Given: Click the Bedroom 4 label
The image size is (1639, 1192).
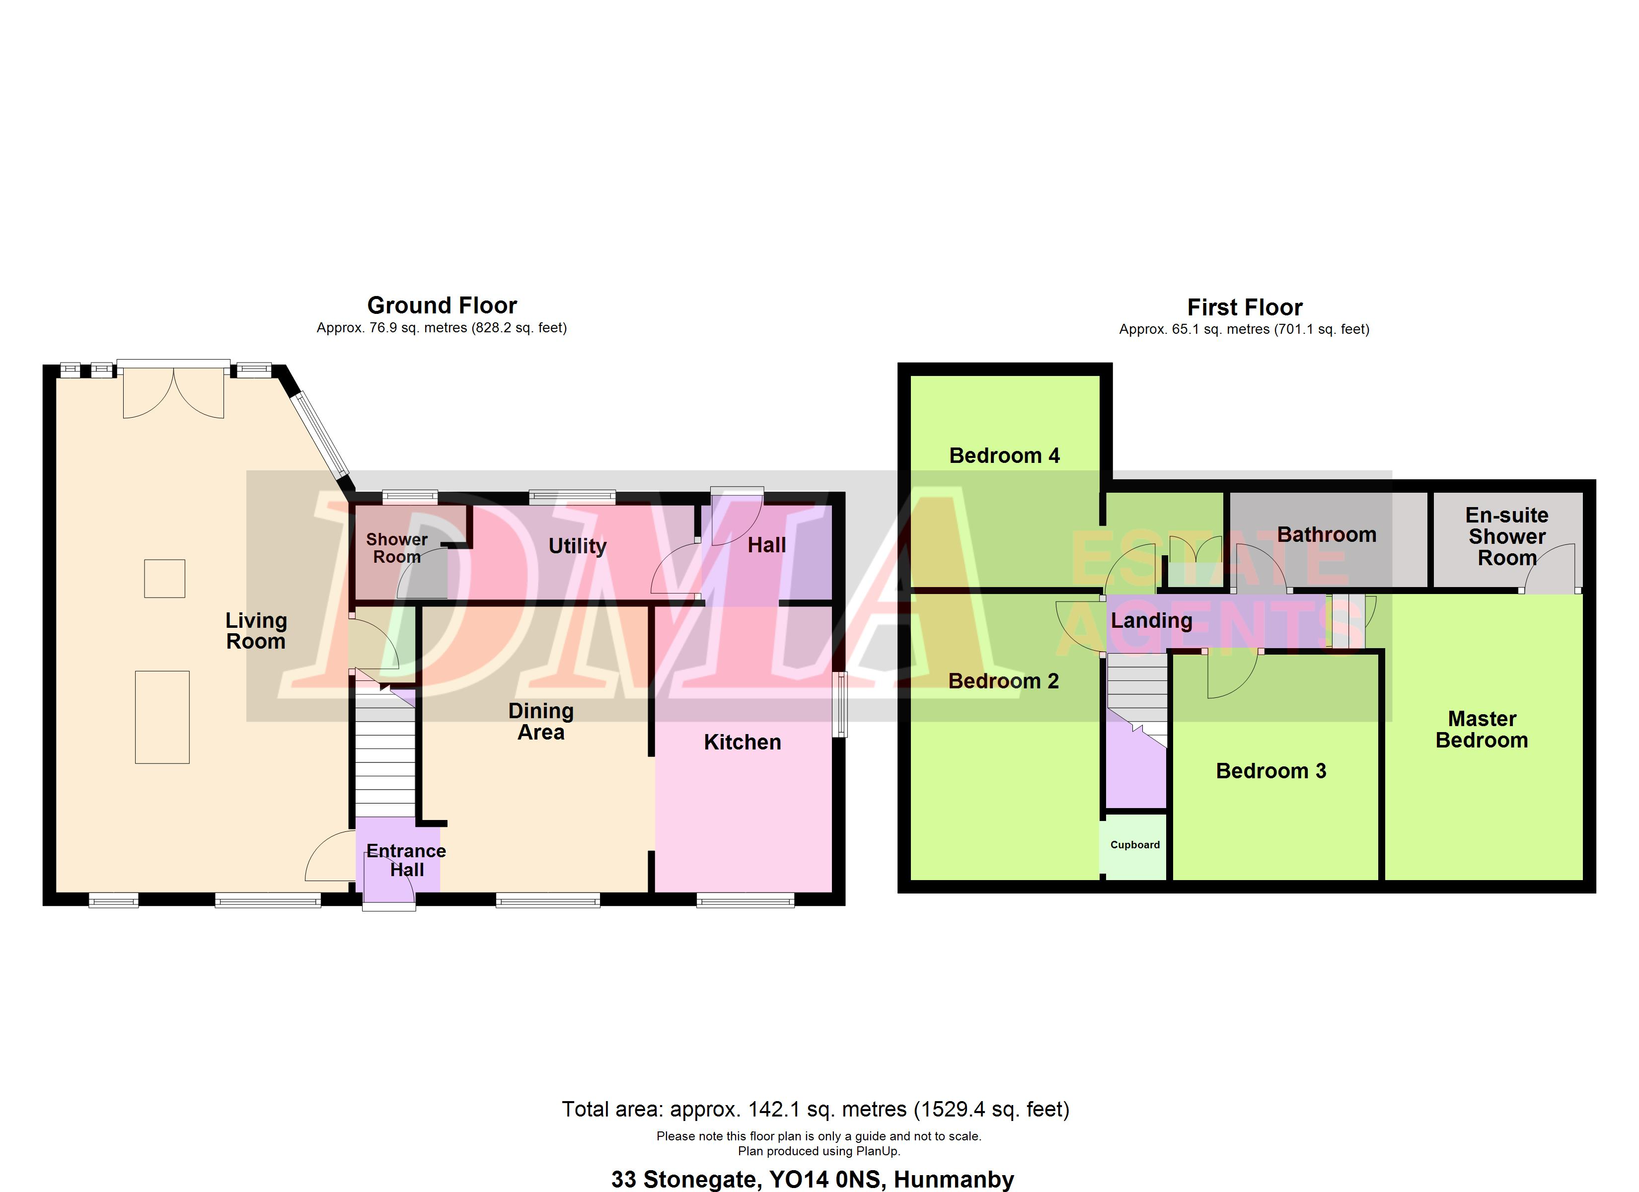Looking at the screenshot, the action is tap(1004, 455).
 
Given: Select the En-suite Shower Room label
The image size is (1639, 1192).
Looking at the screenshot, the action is tap(1507, 536).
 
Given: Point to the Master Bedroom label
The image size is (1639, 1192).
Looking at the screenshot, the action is tap(1482, 730).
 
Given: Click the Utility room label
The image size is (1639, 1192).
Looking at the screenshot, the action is tap(578, 546).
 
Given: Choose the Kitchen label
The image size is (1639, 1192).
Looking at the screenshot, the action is tap(742, 743).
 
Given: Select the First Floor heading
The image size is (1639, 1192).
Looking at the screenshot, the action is tap(1245, 307).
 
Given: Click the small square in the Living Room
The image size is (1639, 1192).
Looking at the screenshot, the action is tap(165, 578).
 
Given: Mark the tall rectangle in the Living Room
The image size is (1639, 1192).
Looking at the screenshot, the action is tap(162, 717).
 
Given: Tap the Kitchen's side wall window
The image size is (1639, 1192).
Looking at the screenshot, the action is tap(839, 705).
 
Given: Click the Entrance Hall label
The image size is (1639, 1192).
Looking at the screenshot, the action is tap(406, 860).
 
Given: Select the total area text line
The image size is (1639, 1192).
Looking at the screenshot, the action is tap(815, 1109).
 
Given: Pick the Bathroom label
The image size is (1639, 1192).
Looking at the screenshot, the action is tap(1326, 535).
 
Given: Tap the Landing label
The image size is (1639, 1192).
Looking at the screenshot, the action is tap(1151, 620).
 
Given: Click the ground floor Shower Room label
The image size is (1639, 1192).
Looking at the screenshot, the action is tap(397, 548).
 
